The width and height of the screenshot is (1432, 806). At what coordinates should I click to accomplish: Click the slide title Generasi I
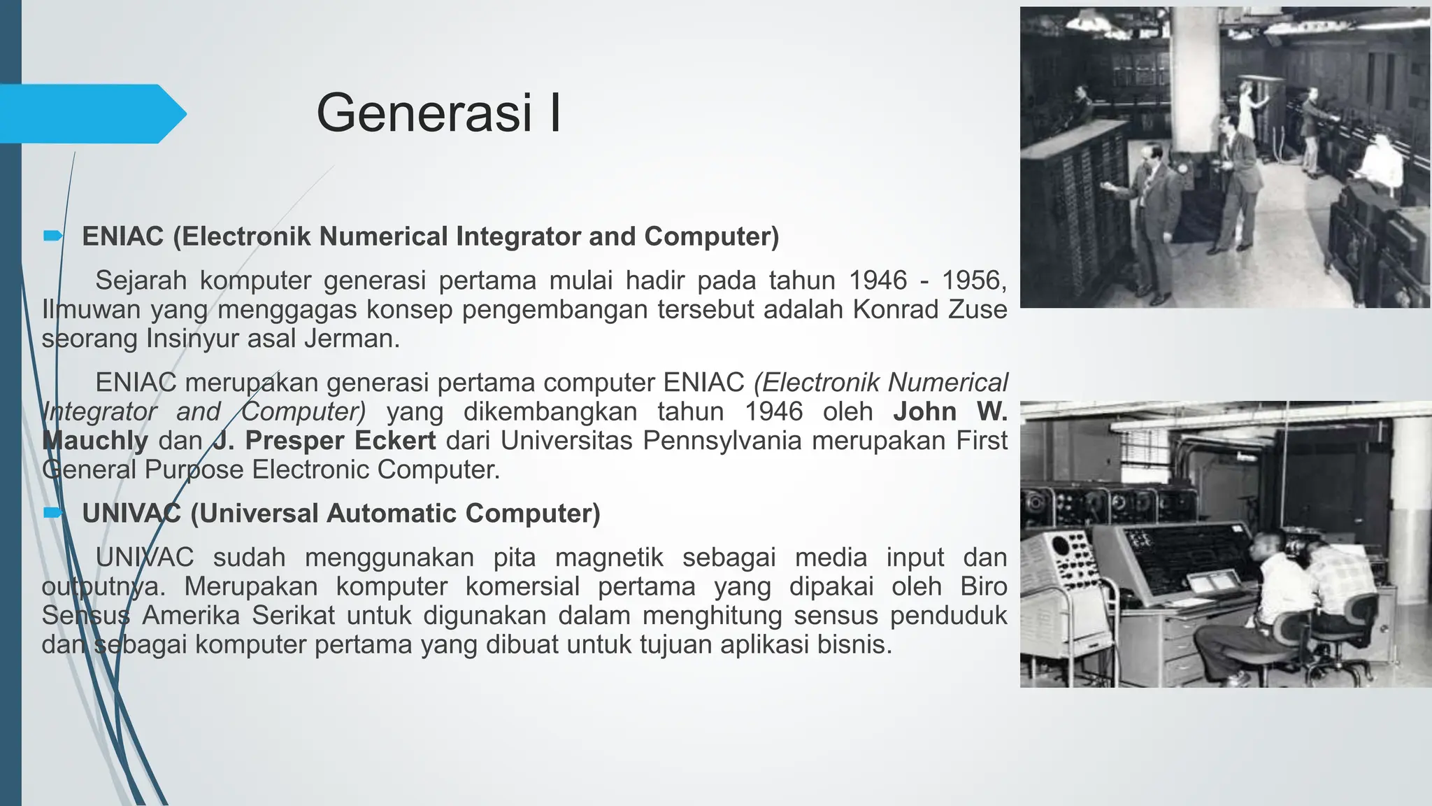point(438,113)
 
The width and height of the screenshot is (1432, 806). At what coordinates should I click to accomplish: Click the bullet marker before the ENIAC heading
point(52,236)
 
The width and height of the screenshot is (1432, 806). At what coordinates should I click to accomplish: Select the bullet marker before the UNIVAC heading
point(52,514)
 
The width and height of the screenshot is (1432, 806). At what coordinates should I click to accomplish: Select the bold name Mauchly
point(95,441)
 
